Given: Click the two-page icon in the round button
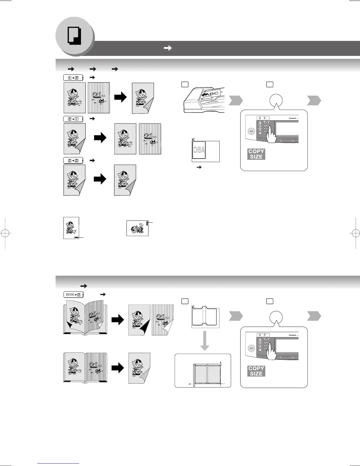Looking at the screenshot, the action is [x=74, y=36].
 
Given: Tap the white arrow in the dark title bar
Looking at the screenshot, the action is [x=168, y=48].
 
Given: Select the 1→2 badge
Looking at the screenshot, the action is [x=73, y=78].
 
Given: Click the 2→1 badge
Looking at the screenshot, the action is [x=73, y=119].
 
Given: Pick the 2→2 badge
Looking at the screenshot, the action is [x=73, y=161].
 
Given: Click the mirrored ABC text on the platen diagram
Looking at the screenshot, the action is [x=199, y=151].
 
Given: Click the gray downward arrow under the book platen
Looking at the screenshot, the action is [x=204, y=341].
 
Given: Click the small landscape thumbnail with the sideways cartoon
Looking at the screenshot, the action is [x=137, y=228].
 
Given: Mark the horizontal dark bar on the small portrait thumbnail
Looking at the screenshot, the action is [x=76, y=237].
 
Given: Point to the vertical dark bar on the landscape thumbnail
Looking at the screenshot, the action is [x=147, y=225].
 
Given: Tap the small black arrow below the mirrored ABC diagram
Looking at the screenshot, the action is [x=199, y=167].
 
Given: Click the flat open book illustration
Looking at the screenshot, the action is [x=85, y=368].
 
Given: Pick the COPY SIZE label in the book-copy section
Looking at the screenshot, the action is [x=256, y=371].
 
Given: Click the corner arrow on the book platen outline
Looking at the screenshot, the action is [x=193, y=307].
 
